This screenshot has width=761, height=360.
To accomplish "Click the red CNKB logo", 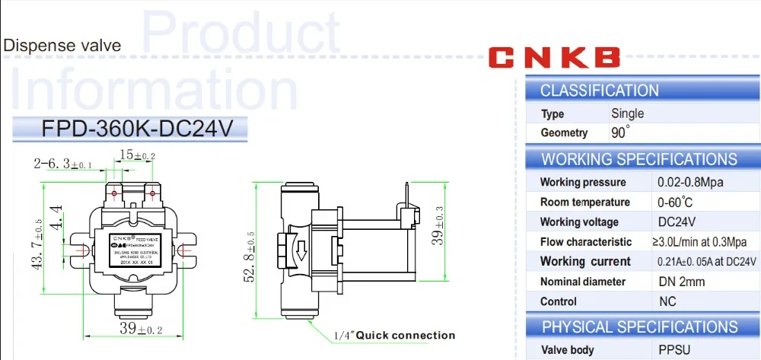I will pos(554,58).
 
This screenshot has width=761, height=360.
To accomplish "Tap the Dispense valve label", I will pos(62,46).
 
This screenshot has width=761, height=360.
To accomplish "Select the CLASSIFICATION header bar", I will pos(643,91).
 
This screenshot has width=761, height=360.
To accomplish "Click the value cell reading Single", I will pos(628,113).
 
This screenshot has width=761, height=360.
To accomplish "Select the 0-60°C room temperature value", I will pos(675,202).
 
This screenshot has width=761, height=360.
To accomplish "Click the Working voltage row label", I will pos(579,222).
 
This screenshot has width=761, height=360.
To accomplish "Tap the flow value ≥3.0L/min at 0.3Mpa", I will pos(704,242).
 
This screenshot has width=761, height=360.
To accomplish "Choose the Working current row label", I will pos(585,262).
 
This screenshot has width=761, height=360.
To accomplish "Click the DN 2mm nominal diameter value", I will pos(681,282).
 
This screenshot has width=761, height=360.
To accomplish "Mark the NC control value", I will pos(667,301).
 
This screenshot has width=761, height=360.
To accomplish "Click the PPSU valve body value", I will pos(675,350).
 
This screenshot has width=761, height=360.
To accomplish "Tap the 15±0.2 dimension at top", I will pos(135,156).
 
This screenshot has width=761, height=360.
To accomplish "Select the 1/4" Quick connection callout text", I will pos(395,335).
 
